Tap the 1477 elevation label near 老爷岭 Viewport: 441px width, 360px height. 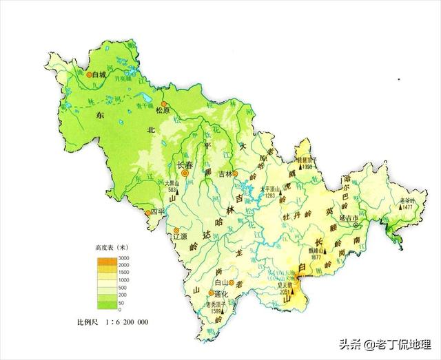(x=407, y=207)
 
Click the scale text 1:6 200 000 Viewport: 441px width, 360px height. (x=121, y=322)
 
